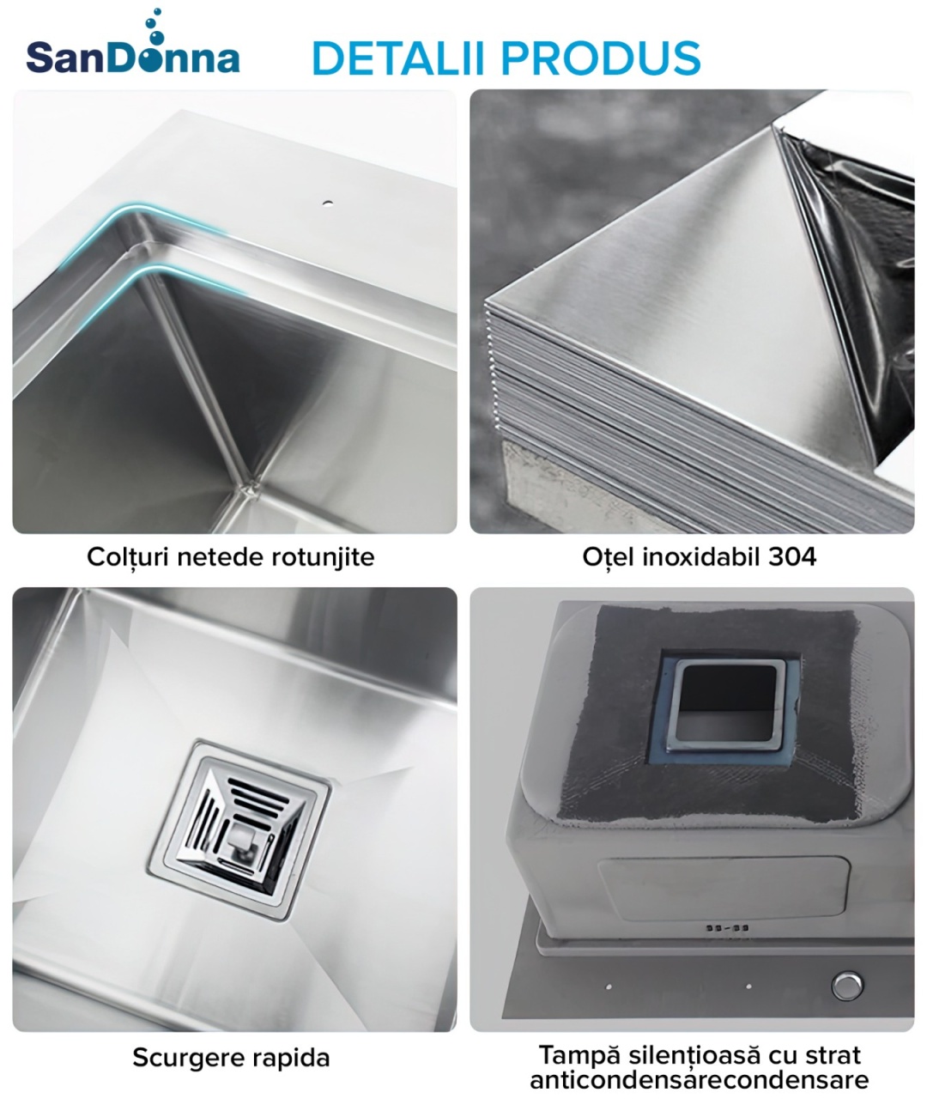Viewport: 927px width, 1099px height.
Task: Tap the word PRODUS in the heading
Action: [601, 58]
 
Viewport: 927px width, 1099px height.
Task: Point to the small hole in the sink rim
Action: [328, 203]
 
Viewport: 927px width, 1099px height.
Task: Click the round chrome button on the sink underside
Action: [847, 986]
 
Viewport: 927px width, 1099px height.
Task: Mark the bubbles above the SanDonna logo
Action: [155, 27]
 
